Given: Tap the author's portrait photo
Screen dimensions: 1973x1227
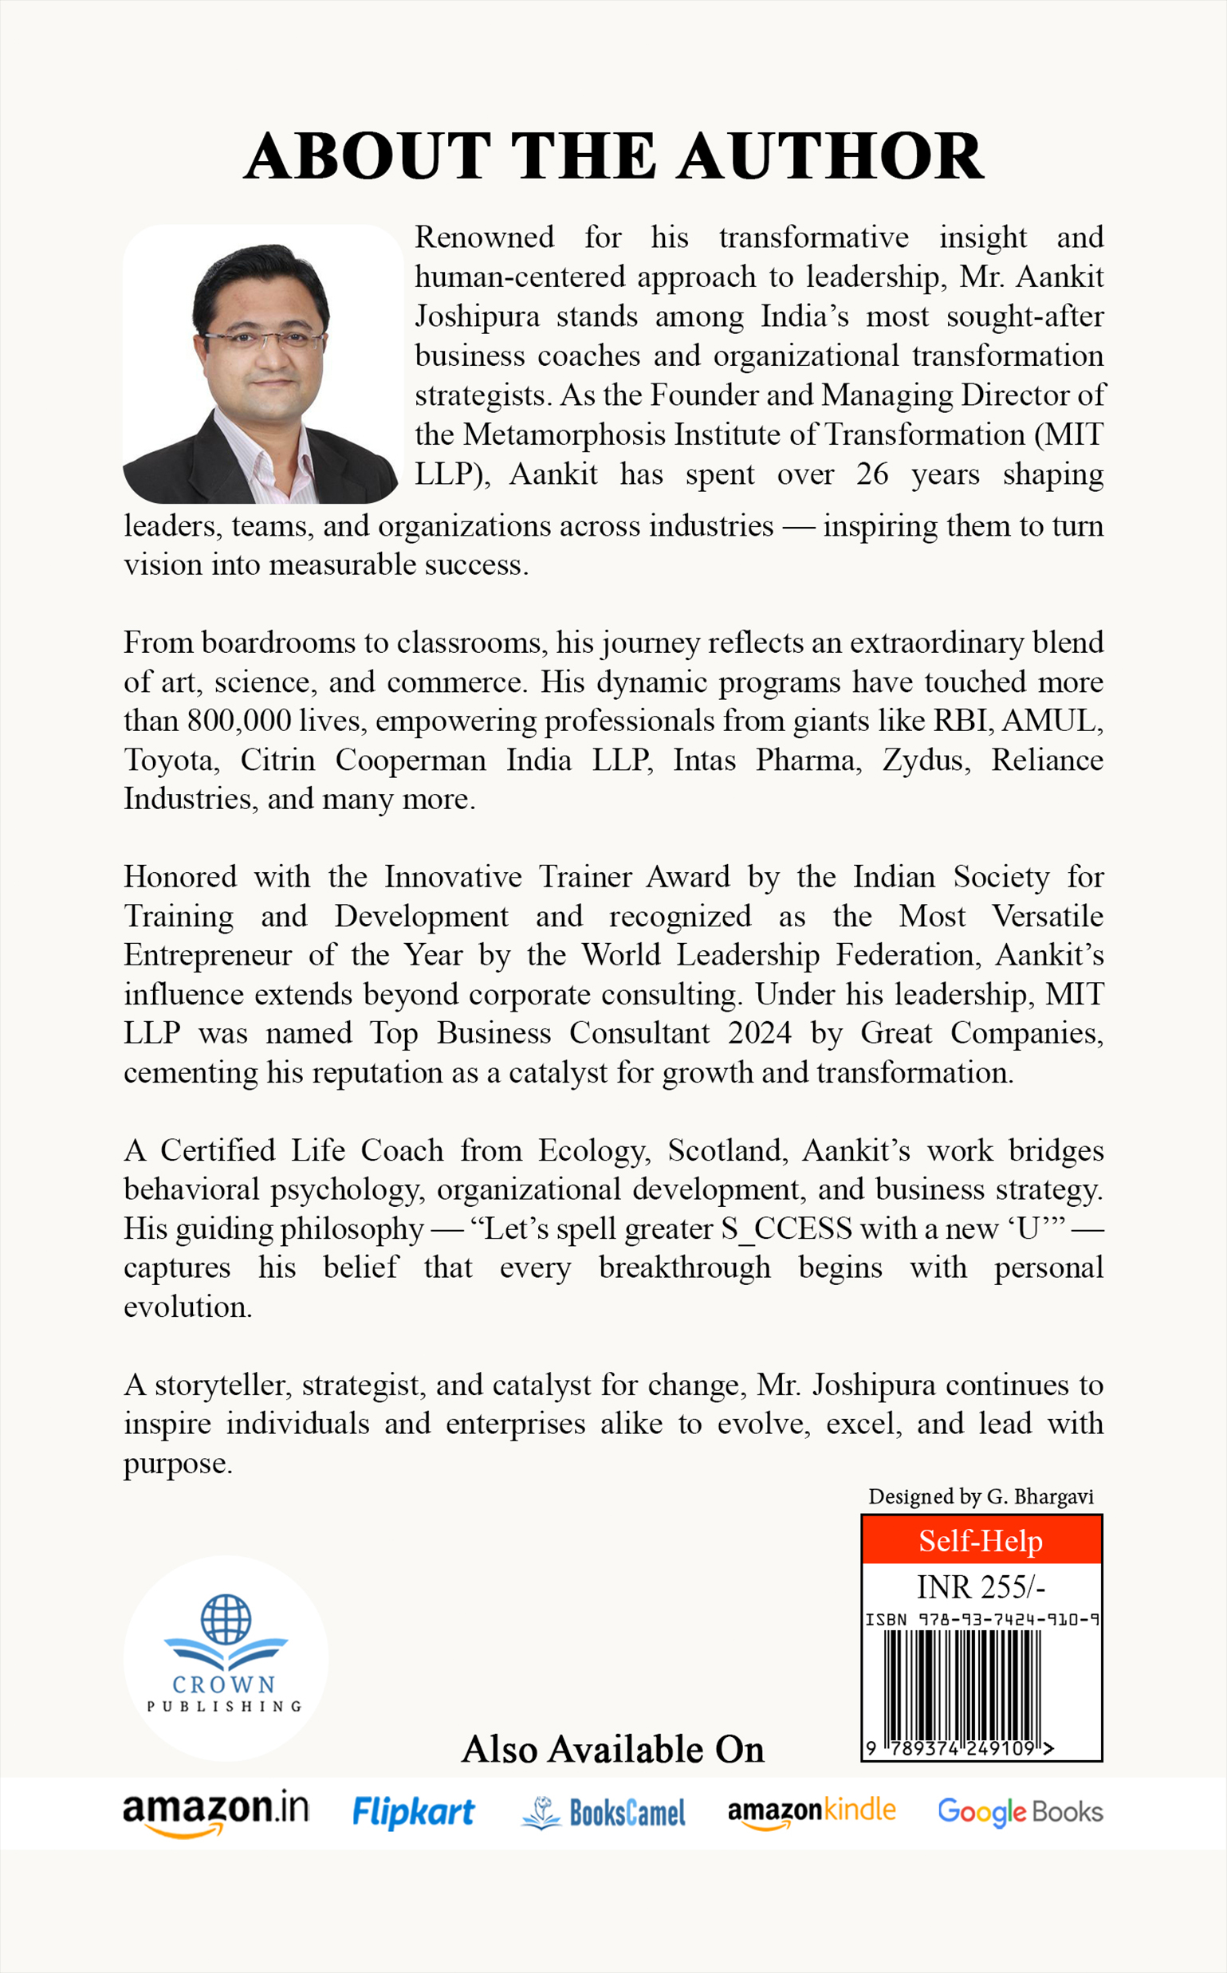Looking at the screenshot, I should coord(262,364).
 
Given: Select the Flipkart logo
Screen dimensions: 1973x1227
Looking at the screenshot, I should coord(413,1811).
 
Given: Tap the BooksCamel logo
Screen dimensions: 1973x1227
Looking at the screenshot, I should coord(604,1812).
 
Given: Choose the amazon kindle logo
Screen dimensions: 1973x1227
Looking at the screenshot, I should coord(812,1811).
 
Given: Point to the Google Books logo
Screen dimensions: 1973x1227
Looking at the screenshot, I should coord(1020,1811).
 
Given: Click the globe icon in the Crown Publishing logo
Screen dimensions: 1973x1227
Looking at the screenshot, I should coord(226,1618).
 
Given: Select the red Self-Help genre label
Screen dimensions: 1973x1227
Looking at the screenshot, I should coord(981,1541).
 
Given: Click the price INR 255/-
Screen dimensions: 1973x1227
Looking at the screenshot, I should coord(981,1586).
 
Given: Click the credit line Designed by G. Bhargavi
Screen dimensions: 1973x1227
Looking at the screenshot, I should coord(981,1497).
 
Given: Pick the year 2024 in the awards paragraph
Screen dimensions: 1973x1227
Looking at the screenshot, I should coord(759,1033).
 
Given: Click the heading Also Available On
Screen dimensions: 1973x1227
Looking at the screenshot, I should coord(612,1749).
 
